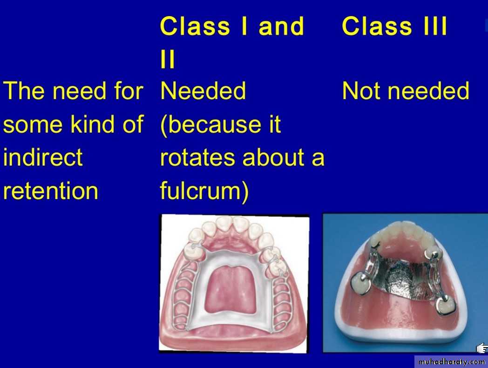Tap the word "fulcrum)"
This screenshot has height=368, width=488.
(x=204, y=190)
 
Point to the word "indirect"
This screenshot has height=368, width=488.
(x=43, y=157)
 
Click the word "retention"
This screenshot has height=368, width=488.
(x=51, y=191)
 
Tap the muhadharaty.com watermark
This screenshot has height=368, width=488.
(x=451, y=362)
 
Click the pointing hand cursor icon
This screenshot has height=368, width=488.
(x=482, y=348)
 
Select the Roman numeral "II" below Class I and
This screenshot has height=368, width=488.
(x=168, y=59)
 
